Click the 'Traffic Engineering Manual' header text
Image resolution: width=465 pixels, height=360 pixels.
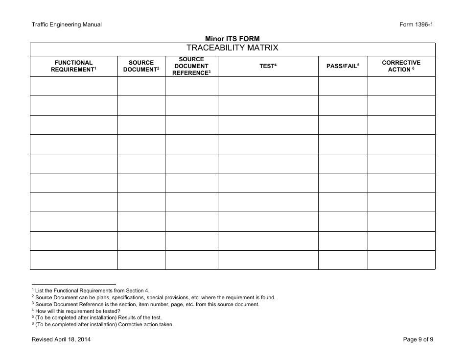[x=67, y=25]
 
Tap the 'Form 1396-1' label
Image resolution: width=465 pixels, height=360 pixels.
[x=417, y=25]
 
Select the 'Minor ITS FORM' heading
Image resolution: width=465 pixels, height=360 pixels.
[x=232, y=39]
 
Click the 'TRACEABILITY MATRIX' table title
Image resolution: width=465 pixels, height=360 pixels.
[x=232, y=48]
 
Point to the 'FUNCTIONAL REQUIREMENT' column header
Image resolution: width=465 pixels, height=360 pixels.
[x=73, y=66]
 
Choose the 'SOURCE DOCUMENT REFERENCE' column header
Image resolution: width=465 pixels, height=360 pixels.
[x=191, y=66]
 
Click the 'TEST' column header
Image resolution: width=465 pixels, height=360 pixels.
[x=268, y=66]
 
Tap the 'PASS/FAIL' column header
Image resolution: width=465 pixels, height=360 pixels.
[x=343, y=66]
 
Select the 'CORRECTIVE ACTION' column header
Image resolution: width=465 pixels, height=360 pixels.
[x=401, y=66]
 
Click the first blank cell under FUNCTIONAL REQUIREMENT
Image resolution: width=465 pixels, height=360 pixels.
[x=73, y=86]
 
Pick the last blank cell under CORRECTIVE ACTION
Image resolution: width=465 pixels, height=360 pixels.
[x=401, y=260]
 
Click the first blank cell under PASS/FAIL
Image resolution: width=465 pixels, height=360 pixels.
[x=343, y=86]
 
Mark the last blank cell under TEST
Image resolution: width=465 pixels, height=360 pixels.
[x=268, y=260]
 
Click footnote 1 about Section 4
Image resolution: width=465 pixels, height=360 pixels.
[x=91, y=290]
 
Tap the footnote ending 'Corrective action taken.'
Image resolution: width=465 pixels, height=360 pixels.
[x=103, y=324]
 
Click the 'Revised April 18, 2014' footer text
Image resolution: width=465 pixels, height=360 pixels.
[x=61, y=340]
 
